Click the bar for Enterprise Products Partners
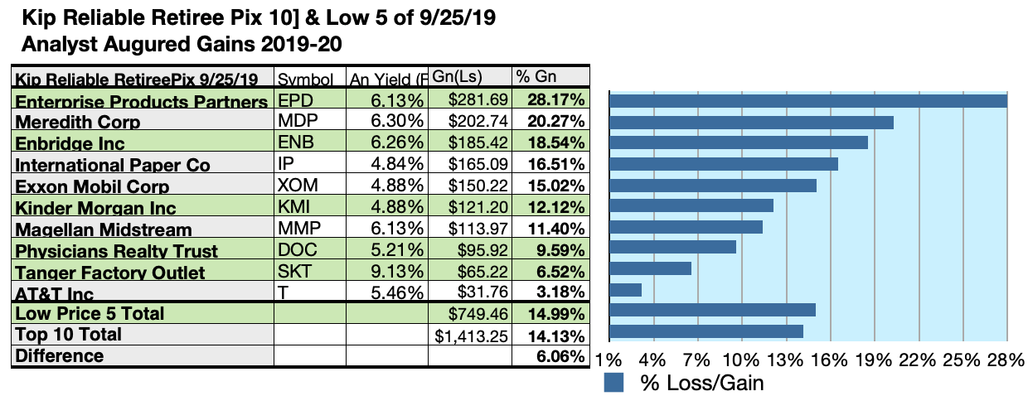coord(807,100)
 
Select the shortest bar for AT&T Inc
coord(625,289)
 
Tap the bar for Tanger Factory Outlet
coord(650,268)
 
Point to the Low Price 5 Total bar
coord(712,310)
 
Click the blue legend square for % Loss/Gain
coord(614,383)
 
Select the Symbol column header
coord(305,80)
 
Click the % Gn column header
coord(536,77)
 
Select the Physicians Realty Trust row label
coord(117,250)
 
